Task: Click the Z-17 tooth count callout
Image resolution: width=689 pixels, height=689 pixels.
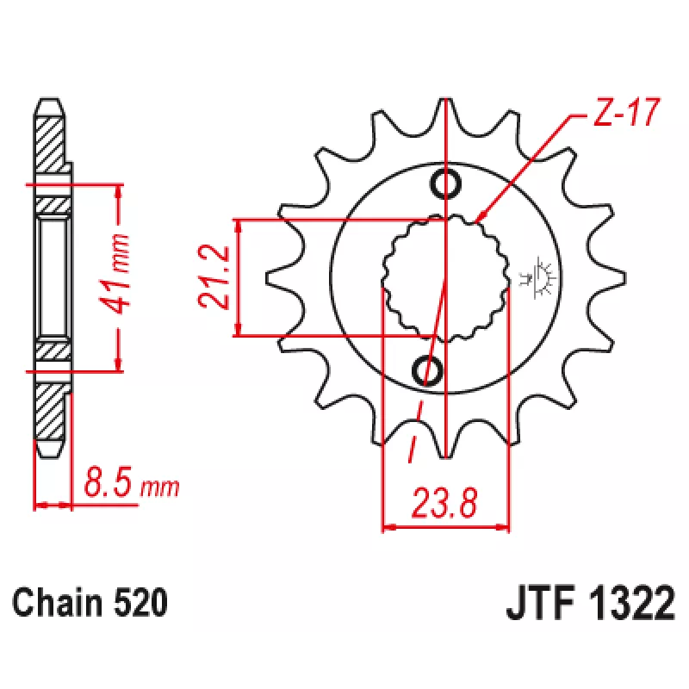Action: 626,112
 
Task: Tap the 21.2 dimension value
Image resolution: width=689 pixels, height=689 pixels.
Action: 214,276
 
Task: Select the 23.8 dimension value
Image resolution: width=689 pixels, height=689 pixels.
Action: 444,502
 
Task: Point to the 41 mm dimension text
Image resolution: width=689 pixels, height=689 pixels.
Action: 115,275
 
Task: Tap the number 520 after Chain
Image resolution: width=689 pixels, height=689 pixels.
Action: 140,602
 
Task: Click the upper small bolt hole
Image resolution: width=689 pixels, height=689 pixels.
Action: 445,183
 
